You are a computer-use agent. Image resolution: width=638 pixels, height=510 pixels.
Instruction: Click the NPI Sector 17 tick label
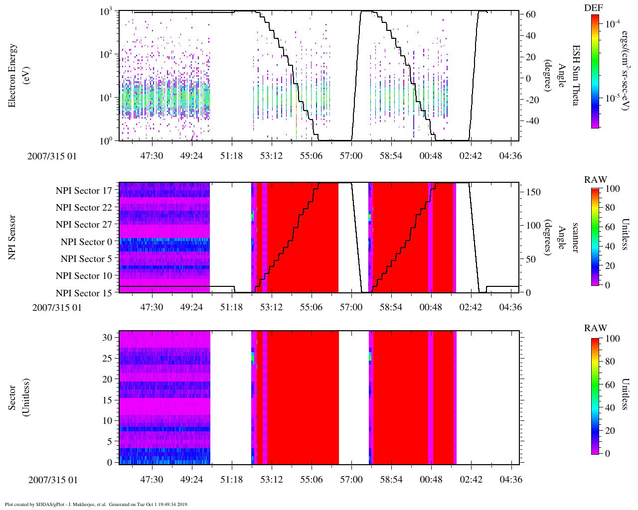click(84, 191)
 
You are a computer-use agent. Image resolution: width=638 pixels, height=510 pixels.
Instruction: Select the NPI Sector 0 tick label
click(86, 242)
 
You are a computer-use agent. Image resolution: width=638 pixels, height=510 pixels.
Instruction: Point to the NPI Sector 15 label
click(84, 293)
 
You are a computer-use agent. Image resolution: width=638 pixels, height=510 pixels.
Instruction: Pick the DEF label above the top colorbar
click(593, 8)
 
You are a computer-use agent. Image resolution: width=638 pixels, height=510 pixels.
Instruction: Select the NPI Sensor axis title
click(12, 237)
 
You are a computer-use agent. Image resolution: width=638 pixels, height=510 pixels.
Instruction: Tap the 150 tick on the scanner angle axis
click(533, 192)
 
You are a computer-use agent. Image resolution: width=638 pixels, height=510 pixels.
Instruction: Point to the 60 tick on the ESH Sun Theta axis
click(531, 14)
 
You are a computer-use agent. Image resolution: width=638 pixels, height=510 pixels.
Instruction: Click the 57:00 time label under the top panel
click(351, 156)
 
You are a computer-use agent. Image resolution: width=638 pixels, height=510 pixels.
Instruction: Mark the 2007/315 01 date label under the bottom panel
click(53, 480)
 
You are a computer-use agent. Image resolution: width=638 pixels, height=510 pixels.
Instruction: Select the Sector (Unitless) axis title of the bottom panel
click(17, 397)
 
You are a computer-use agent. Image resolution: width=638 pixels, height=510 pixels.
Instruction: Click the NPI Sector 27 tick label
click(84, 225)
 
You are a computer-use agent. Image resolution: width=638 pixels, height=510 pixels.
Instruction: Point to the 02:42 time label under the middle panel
click(471, 307)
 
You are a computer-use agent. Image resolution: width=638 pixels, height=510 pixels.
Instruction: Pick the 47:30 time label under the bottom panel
click(152, 480)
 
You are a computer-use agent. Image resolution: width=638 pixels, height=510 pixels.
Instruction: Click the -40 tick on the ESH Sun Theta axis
click(529, 121)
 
